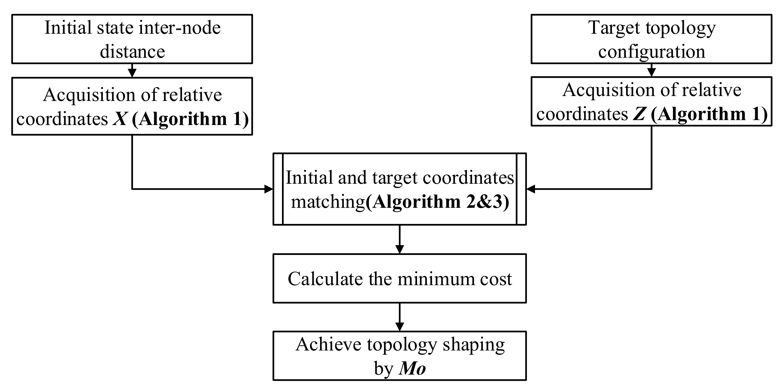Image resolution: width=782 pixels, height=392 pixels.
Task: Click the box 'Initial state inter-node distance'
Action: [132, 39]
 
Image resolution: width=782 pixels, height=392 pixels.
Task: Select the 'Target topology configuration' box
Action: [651, 39]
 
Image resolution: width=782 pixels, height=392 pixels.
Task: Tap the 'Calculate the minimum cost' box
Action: [400, 278]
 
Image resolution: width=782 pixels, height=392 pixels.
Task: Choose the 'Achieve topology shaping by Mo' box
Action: [400, 355]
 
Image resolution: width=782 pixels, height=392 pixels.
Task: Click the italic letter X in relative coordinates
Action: [120, 119]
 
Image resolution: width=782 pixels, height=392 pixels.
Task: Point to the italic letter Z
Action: [638, 114]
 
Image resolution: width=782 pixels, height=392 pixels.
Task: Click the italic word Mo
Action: [412, 369]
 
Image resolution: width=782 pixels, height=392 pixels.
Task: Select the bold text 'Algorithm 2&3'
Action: [437, 202]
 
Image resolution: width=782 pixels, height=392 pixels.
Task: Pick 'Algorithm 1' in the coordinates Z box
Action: [709, 114]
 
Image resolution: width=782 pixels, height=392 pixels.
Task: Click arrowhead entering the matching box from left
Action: [268, 189]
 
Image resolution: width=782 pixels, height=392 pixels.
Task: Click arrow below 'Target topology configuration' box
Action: [651, 71]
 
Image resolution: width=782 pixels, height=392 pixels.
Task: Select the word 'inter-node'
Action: [179, 28]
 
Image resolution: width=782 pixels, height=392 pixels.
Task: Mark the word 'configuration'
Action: [651, 52]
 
